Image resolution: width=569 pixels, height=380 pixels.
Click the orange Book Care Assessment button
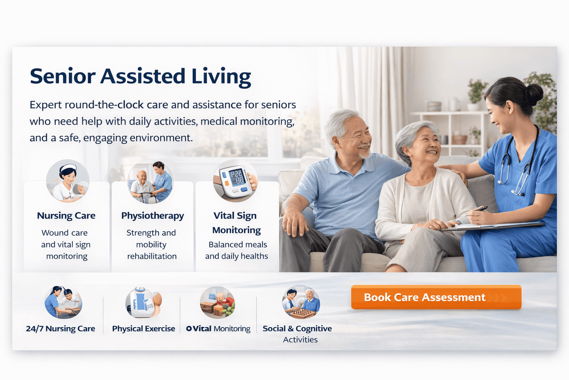coord(436,297)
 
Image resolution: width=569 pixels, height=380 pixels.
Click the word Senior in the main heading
coord(63,76)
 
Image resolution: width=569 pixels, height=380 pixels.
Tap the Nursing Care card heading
coord(66,216)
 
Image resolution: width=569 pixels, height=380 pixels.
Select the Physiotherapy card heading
coord(153,216)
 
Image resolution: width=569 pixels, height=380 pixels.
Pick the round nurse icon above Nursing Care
coord(67,181)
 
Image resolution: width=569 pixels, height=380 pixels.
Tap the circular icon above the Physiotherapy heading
coord(150,182)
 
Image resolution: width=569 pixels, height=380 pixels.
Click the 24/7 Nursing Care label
coord(60,328)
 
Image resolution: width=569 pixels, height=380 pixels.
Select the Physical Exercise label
coord(144,328)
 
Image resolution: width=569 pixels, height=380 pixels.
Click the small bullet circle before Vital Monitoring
coord(189,328)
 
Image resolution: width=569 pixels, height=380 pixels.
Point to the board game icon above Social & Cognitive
coord(301,302)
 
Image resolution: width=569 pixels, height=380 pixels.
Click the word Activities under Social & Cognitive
coord(300,339)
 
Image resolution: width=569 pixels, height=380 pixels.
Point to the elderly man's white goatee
coord(365,153)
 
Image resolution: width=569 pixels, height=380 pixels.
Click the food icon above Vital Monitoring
coord(217,302)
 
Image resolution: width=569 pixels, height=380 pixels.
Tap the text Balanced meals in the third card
coord(238,244)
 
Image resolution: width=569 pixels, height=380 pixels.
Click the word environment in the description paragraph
coord(161,138)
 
